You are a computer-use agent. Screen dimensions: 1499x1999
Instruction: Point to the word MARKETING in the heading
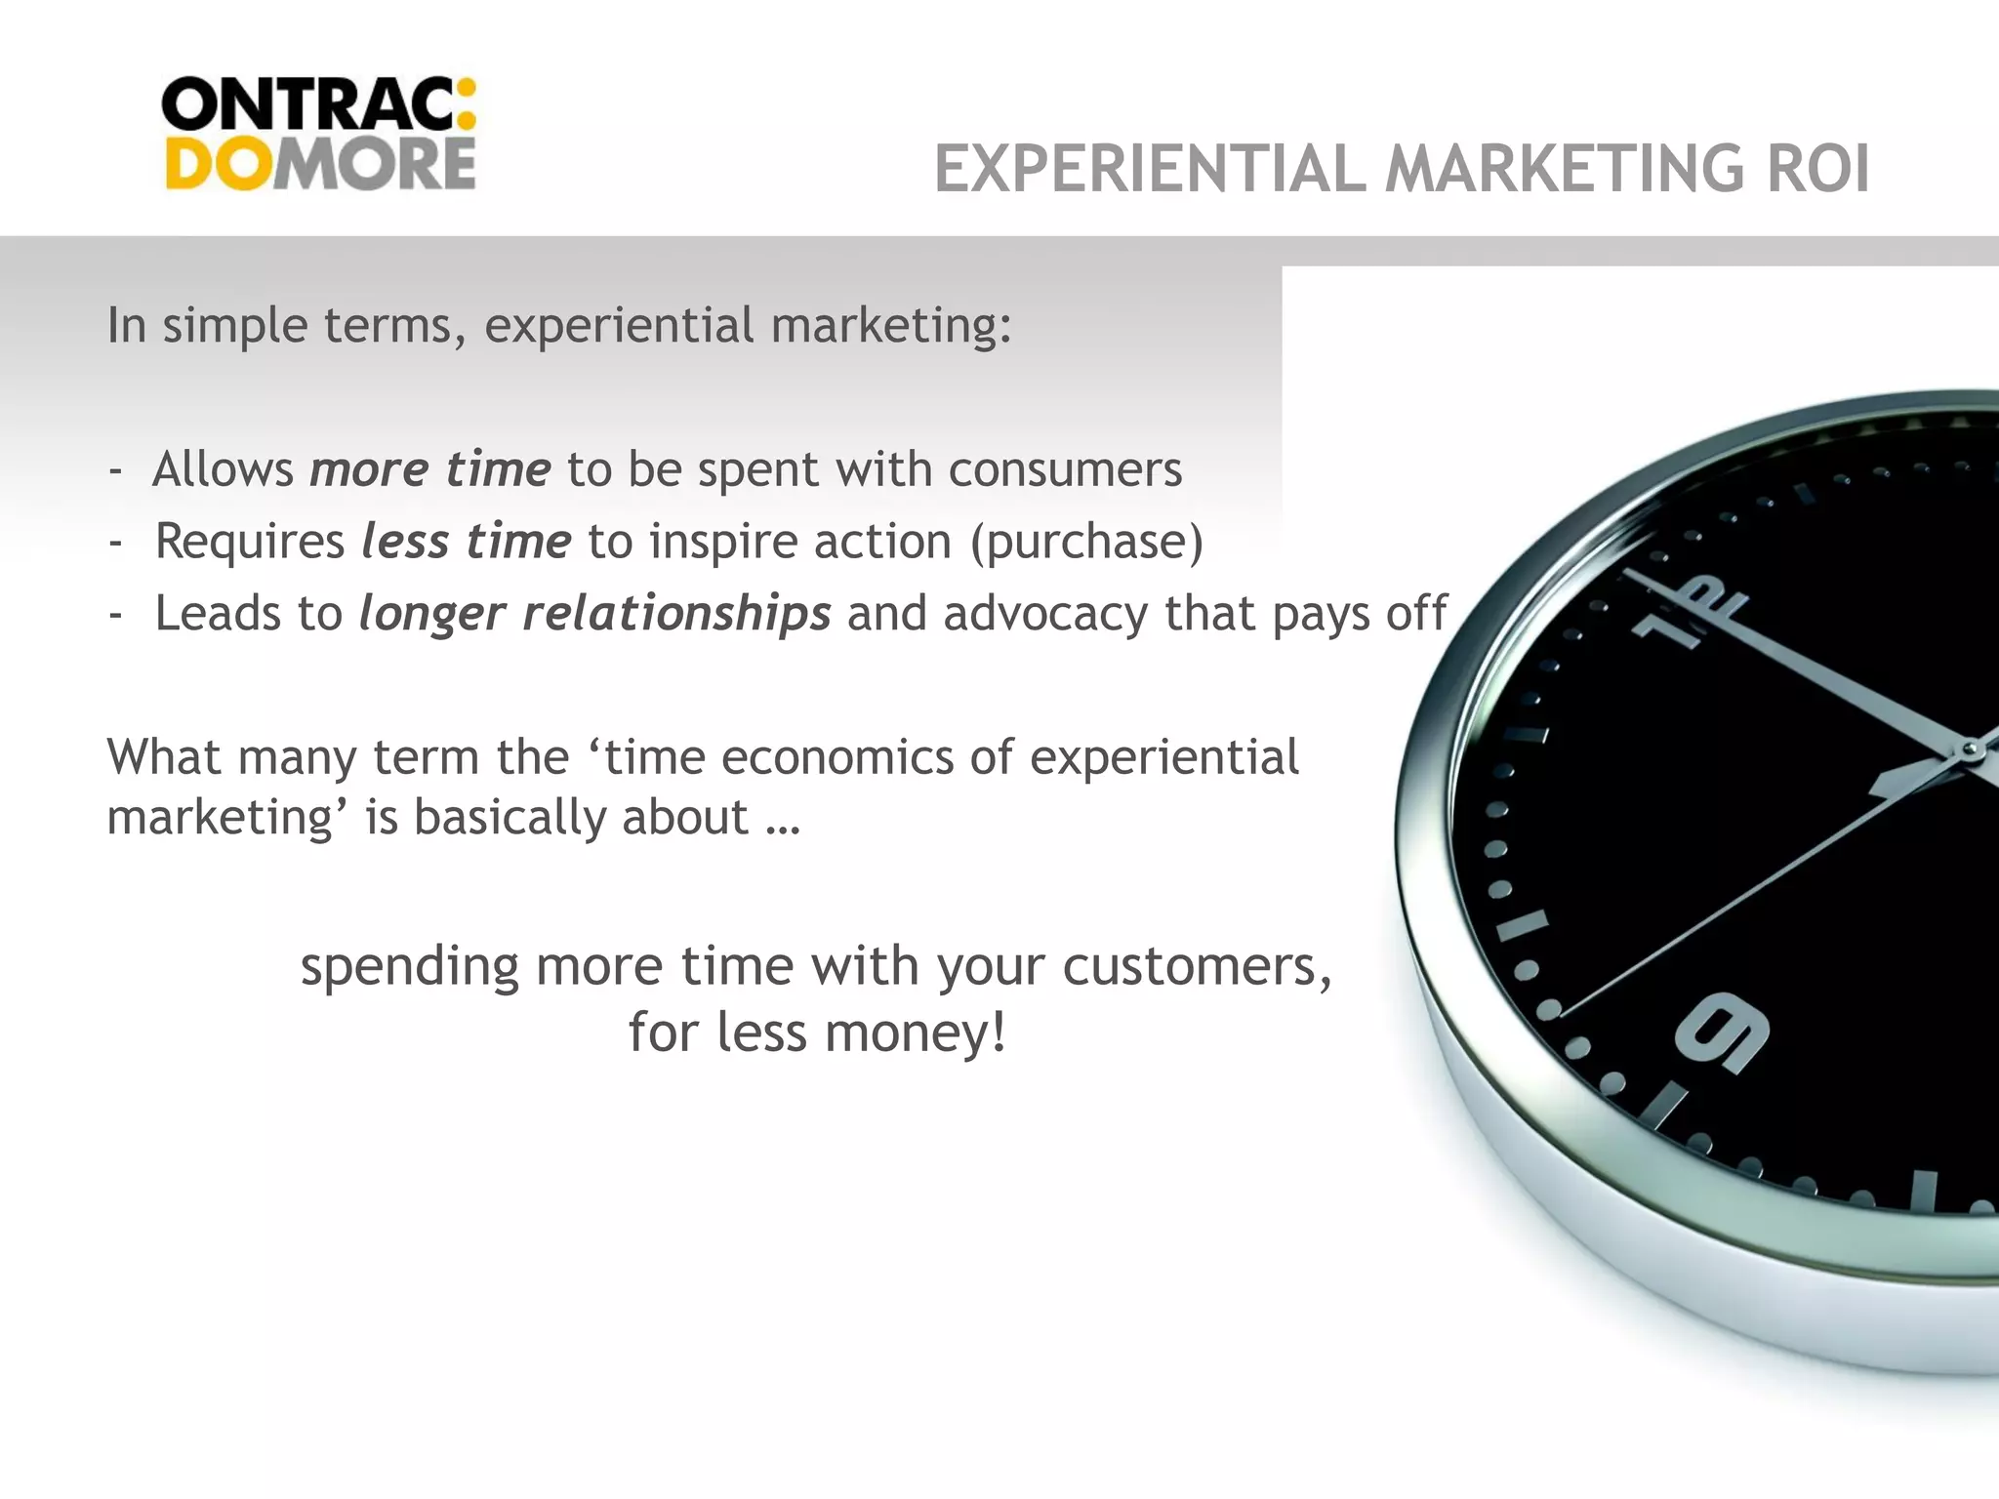coord(1564,169)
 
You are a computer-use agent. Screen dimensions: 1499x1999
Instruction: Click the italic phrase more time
coord(430,469)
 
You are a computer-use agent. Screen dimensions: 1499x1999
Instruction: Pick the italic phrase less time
coord(466,542)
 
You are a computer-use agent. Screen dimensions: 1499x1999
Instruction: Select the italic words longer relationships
coord(594,614)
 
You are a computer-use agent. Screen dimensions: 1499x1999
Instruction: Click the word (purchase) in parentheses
coord(1086,542)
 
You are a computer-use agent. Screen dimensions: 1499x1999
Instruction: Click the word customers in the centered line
coord(1197,967)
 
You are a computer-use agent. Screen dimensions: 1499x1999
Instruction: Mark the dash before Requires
coord(116,542)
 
